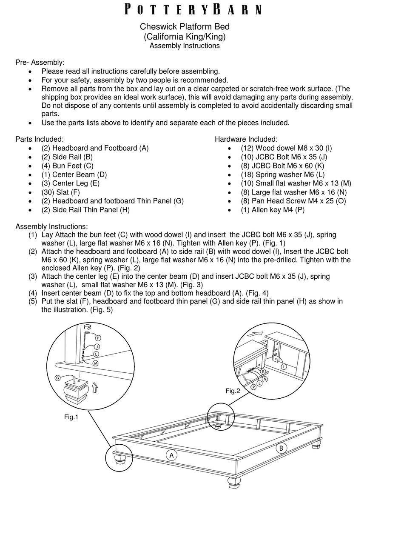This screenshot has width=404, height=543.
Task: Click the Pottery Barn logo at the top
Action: pos(193,9)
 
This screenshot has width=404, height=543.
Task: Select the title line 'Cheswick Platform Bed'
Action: pos(185,26)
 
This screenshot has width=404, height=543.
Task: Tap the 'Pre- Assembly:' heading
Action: pos(40,63)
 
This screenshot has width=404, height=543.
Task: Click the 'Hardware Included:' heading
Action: pos(246,139)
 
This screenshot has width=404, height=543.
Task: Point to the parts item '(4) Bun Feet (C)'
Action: pos(67,166)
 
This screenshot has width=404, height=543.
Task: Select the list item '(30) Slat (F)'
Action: pos(60,192)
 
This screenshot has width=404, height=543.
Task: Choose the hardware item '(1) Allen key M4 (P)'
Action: pos(273,209)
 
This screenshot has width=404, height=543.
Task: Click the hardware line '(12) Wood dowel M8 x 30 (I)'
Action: pos(286,148)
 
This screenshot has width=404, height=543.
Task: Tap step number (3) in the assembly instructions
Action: pos(33,277)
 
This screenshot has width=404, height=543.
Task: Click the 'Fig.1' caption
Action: pos(71,417)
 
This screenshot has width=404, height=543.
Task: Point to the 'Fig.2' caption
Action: pos(233,391)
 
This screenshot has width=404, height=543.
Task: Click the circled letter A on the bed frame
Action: pos(171,455)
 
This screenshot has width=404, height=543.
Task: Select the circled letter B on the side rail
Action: pos(281,448)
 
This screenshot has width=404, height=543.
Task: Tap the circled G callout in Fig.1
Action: pos(58,377)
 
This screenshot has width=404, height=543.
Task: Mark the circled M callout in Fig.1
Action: pos(96,363)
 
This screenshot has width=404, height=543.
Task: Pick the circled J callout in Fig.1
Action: pos(97,347)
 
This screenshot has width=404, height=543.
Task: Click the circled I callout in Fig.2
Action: pos(284,366)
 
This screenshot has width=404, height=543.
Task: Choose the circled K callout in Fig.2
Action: pos(263,371)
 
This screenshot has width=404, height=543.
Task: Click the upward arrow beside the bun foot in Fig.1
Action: pos(95,388)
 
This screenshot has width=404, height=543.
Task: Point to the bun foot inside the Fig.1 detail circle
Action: pos(75,392)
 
